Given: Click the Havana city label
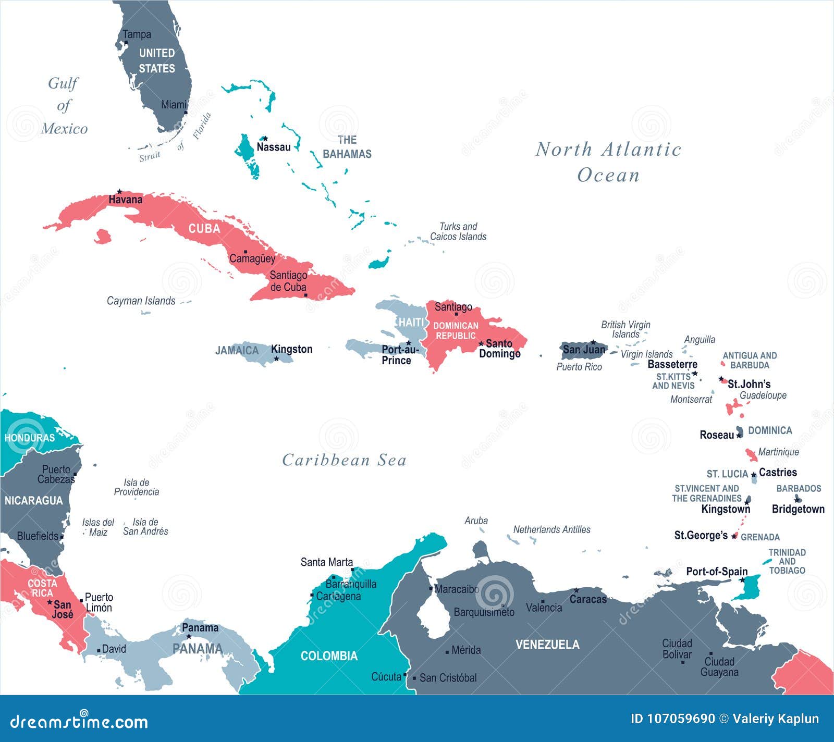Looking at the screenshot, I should pos(125,200).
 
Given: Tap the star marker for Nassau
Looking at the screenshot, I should pos(265,139).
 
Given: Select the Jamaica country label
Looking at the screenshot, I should pos(237,351).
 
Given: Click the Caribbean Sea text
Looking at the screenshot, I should pos(344,460).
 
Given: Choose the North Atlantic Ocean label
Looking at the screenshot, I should pos(608,162).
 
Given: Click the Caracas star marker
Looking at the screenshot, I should pos(576,590).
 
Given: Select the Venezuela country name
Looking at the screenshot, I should pos(547,645).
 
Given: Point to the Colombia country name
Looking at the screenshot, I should pos(329,656).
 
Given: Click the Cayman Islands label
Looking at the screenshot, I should pos(141,301).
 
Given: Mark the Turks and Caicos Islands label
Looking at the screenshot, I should pos(458,231).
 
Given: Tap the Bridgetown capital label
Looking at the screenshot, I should pos(798,509).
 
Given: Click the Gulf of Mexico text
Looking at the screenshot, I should pos(64,106).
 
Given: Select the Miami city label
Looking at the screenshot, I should pos(174,105).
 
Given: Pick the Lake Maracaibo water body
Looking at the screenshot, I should pos(434,617).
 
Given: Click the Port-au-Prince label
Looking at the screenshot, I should pos(399,355).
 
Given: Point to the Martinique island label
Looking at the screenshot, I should pos(778,452).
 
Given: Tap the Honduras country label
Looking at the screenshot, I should pos(30,438).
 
